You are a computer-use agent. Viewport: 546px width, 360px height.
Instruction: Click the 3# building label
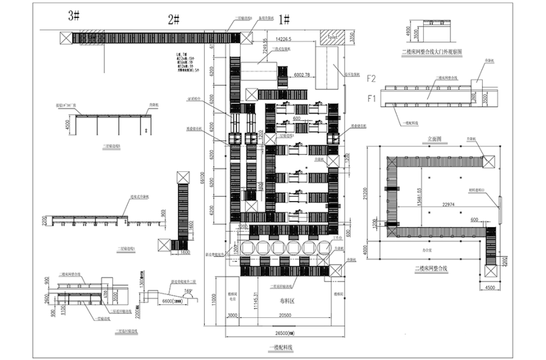74,17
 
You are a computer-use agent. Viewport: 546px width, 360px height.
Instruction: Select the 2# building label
173,19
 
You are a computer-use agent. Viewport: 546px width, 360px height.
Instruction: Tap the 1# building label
284,19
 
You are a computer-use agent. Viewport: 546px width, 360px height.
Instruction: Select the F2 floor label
372,78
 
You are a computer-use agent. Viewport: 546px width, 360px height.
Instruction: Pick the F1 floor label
372,97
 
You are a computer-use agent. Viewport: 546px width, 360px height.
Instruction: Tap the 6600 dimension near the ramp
170,301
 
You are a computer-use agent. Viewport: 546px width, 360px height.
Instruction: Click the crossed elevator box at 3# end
65,38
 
